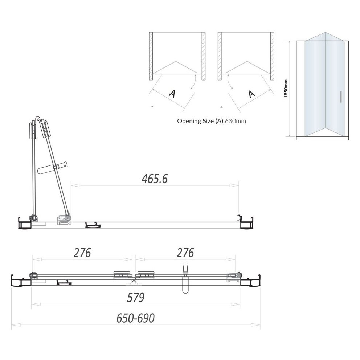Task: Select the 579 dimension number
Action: point(136,298)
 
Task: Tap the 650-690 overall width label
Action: point(136,318)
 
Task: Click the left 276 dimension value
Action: point(82,253)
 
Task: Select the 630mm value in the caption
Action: point(236,121)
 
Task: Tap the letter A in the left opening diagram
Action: point(172,93)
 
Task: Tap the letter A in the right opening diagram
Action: point(251,94)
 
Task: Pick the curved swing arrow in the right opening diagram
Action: point(228,82)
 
